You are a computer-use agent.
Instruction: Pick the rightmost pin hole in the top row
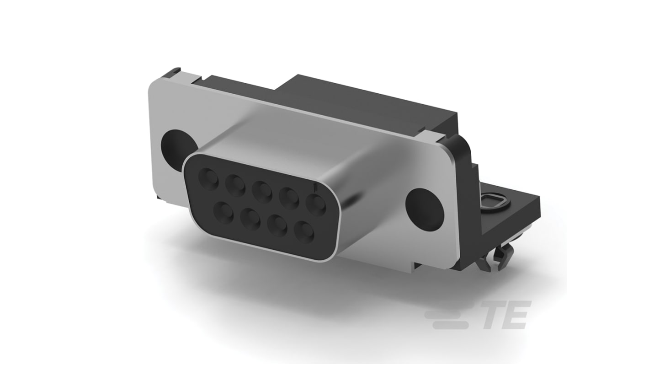[x=315, y=204]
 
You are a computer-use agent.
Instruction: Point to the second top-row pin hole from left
[x=236, y=184]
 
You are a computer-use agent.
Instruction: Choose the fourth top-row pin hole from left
[x=289, y=197]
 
